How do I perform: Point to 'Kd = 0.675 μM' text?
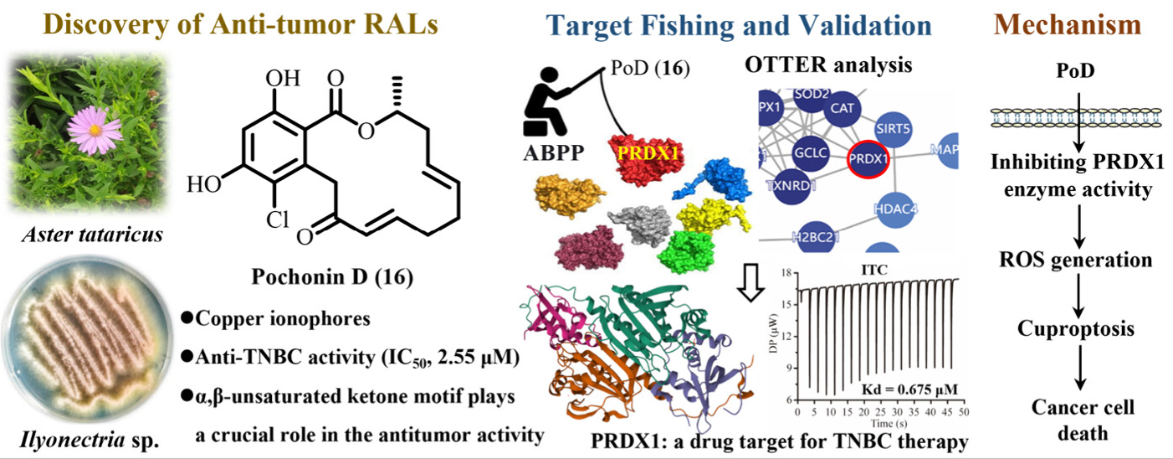click(x=913, y=389)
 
